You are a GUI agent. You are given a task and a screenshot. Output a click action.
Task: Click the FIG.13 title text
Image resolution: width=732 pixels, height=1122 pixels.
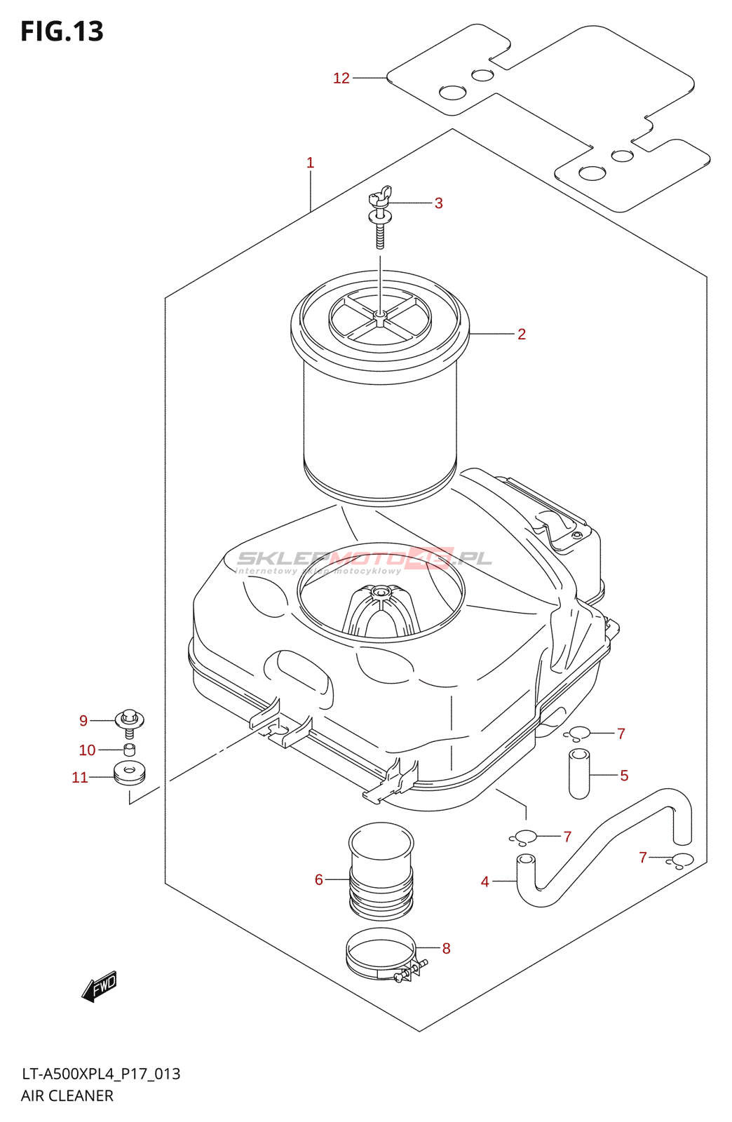pos(62,32)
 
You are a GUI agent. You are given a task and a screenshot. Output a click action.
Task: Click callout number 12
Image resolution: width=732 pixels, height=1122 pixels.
pos(341,78)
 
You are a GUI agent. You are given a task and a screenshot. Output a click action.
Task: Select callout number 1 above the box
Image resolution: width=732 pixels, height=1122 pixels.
pos(310,163)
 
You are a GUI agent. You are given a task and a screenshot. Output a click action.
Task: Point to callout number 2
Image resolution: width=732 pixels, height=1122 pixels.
pos(521,334)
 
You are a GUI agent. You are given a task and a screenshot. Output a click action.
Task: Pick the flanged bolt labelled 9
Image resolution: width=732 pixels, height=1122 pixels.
pos(129,722)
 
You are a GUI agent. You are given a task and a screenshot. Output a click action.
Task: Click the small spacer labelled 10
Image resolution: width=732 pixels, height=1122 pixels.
pos(129,750)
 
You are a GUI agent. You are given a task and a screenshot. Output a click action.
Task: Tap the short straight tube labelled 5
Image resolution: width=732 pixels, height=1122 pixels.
pos(579,774)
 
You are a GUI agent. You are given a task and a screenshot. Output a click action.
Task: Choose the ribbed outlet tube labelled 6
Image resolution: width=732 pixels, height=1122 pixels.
pos(381,873)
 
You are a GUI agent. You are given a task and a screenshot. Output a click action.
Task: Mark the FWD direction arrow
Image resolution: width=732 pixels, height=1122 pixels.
pos(100,986)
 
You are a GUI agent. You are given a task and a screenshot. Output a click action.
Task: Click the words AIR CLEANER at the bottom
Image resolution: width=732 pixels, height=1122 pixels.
pos(67,1095)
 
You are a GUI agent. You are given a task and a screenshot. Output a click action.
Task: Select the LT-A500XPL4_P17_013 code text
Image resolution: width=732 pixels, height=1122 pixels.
pos(101,1074)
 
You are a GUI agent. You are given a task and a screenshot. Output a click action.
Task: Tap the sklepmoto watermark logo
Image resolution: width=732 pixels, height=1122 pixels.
pos(365,560)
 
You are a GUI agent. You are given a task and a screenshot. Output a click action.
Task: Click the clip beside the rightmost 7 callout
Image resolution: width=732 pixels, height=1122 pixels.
pos(682,860)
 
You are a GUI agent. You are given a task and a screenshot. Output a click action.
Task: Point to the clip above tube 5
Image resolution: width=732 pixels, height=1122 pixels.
pos(578,734)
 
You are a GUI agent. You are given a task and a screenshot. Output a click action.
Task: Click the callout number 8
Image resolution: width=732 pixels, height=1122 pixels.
pos(446,948)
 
